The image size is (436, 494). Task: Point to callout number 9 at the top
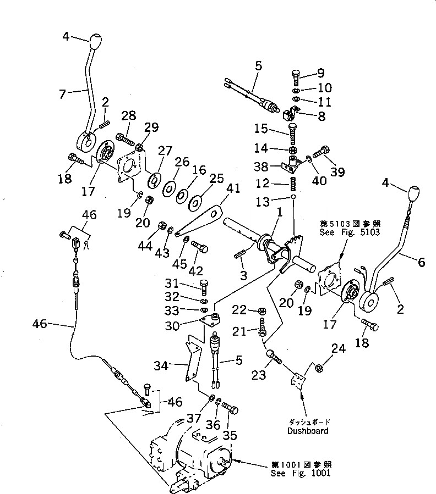click(x=320, y=73)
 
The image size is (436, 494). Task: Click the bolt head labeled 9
click(x=295, y=76)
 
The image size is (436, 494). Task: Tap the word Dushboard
click(x=308, y=431)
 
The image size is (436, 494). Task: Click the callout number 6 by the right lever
click(x=421, y=263)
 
